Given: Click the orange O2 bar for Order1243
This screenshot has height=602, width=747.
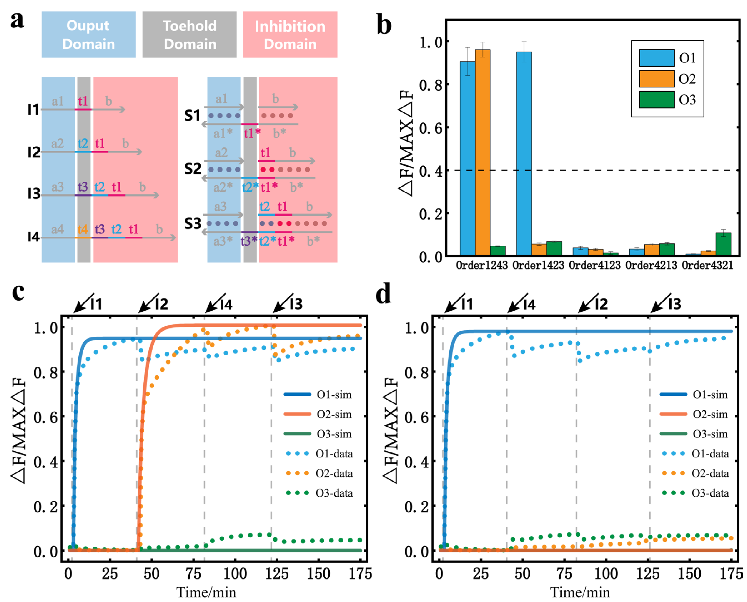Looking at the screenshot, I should [482, 152].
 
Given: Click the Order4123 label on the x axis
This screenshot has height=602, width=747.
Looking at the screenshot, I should [594, 266].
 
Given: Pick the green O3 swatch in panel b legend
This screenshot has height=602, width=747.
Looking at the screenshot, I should [657, 100].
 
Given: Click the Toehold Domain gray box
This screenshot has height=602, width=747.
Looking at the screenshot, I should [189, 35].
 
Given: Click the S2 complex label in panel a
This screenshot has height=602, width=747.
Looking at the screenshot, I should [193, 169].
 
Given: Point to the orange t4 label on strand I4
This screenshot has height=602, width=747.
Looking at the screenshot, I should [83, 229].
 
